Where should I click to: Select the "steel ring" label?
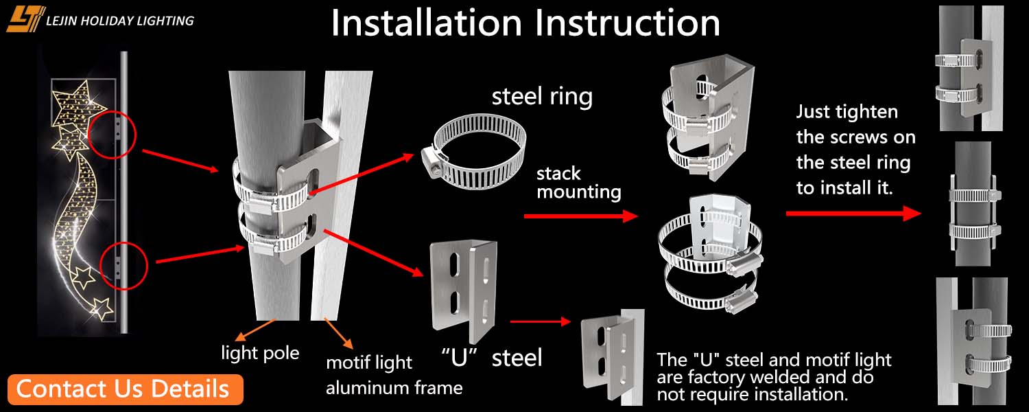pyautogui.click(x=542, y=97)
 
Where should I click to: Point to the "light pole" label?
pyautogui.click(x=260, y=354)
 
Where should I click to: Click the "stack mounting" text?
pyautogui.click(x=578, y=183)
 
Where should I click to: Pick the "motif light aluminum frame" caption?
pyautogui.click(x=394, y=375)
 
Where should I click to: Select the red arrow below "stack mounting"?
pyautogui.click(x=580, y=216)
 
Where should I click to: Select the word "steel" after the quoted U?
pyautogui.click(x=517, y=357)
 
